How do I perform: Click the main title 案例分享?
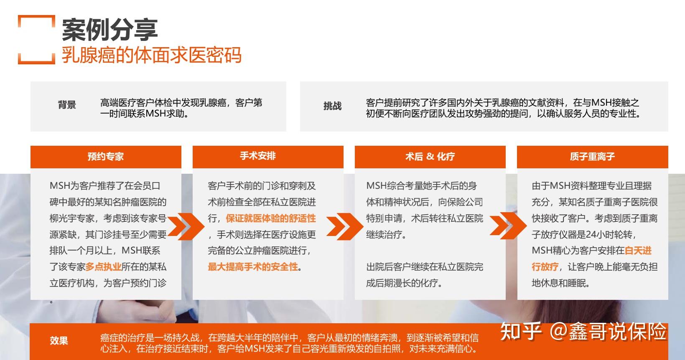tap(110, 30)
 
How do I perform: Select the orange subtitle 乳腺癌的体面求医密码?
tap(152, 55)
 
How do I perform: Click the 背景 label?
tap(67, 104)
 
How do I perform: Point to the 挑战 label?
tap(332, 106)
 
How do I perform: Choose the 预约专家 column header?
tap(106, 157)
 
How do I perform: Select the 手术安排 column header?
tap(258, 156)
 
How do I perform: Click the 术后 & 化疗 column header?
tap(430, 157)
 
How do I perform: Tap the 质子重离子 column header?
tap(592, 157)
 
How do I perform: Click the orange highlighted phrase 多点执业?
tap(103, 267)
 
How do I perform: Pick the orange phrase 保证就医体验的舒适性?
tap(271, 218)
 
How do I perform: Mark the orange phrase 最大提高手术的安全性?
tap(253, 267)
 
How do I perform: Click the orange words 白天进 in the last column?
tap(638, 251)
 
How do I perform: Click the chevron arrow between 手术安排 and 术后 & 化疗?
tap(345, 226)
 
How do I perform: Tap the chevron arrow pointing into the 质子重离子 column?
tap(508, 226)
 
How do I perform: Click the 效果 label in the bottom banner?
tap(59, 340)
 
